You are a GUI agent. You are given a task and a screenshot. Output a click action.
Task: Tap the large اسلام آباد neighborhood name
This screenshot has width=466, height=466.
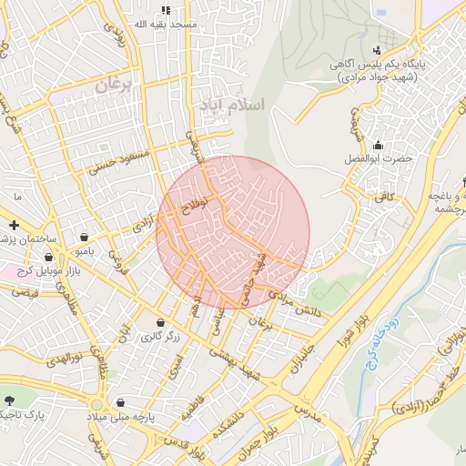coord(230,105)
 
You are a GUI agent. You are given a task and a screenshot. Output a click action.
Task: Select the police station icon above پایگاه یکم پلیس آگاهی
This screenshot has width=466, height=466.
coord(378,49)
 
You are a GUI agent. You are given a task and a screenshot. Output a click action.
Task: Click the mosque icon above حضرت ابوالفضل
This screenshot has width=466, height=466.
coord(378,145)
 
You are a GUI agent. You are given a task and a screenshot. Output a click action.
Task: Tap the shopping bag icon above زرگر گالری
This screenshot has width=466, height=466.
coord(160,323)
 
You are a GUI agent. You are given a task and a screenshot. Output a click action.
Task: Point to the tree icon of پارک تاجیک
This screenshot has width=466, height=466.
coord(10,400)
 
